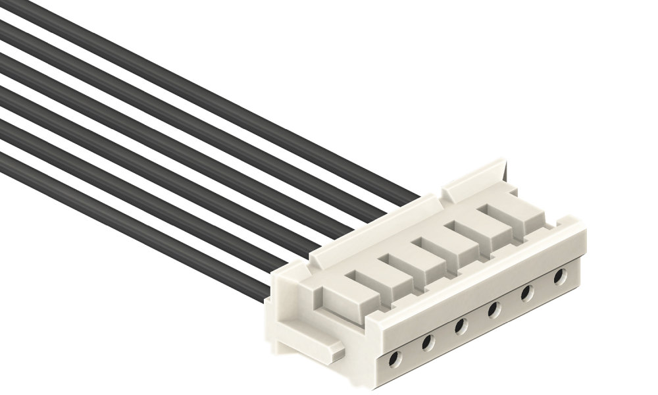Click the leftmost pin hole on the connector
pos(394,359)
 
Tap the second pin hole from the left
pos(427,342)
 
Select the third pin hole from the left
pos(461,325)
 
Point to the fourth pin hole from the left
pos(493,308)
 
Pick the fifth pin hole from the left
pos(527,292)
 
